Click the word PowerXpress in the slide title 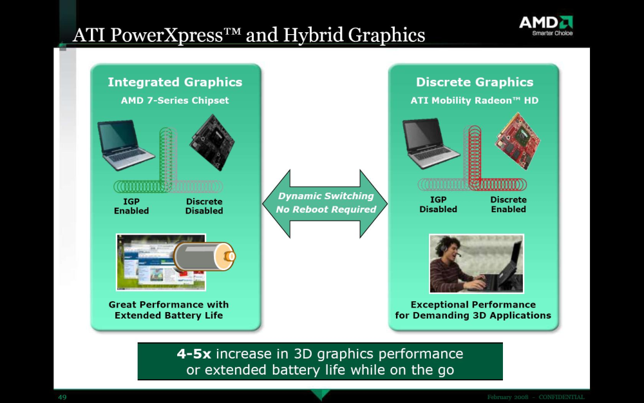coord(167,35)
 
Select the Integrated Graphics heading coord(175,83)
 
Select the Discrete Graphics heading coord(475,83)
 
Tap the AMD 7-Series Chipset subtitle coord(175,101)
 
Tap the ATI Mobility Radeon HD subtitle coord(475,101)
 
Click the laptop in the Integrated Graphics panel coord(125,144)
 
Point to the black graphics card coord(211,143)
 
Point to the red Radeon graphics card coord(517,141)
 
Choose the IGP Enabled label coord(131,206)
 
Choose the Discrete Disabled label coord(204,206)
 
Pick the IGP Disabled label coord(438,204)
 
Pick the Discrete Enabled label coord(509,204)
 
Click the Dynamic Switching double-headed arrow coord(325,204)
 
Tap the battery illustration coord(204,256)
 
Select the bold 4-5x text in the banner coord(194,353)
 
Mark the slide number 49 coord(62,397)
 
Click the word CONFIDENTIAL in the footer coord(562,397)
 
